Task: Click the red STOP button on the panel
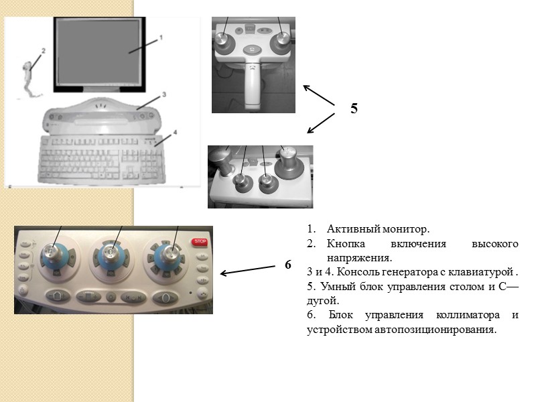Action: pos(198,241)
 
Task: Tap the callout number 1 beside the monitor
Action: pos(161,38)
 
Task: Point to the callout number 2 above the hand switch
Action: pos(43,50)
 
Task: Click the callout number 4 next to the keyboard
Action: pos(175,132)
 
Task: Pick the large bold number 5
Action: pos(354,109)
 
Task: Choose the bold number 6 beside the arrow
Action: pos(287,265)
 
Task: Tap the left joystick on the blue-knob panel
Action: pos(52,254)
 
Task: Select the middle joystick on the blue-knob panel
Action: pos(109,254)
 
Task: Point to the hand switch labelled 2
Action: pos(27,72)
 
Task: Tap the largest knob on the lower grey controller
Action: pos(289,163)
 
